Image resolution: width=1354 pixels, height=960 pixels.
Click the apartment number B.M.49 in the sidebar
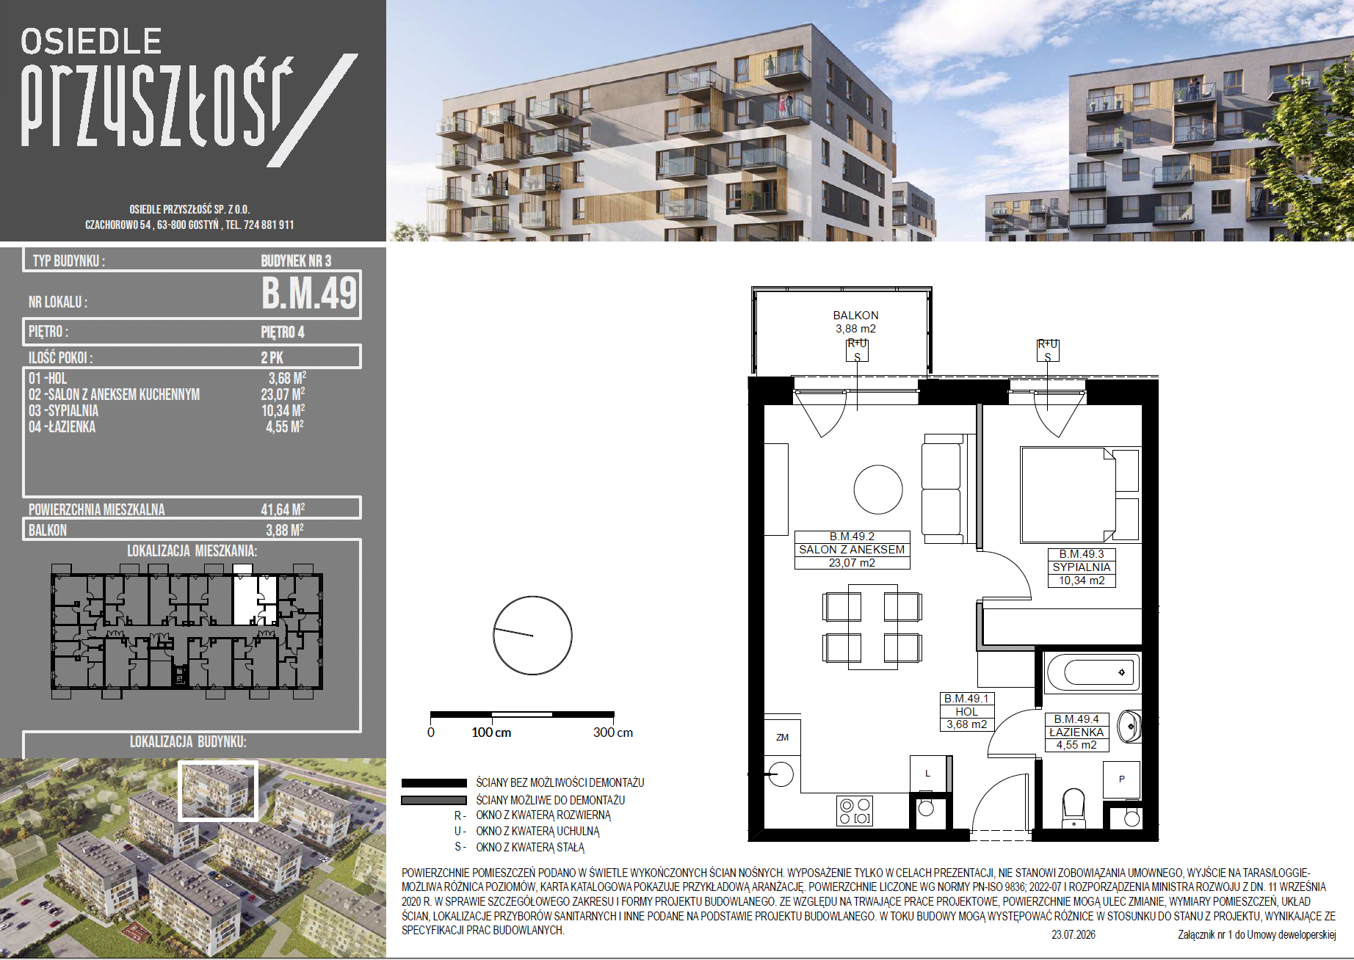click(309, 293)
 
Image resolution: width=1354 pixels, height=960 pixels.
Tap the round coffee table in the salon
click(877, 490)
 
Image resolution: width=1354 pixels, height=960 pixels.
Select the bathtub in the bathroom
click(1092, 672)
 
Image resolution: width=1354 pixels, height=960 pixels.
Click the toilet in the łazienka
click(1074, 807)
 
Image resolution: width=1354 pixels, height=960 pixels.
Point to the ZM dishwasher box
click(782, 737)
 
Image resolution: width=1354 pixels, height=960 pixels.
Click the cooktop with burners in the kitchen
click(855, 811)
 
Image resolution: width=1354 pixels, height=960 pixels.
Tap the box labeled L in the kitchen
click(927, 774)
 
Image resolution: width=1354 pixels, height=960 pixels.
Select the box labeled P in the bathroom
click(1121, 779)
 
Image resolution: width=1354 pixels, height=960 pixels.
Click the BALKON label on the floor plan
click(855, 315)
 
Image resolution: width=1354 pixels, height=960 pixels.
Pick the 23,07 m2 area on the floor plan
click(852, 563)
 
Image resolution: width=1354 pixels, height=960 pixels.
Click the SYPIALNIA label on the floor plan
click(1081, 567)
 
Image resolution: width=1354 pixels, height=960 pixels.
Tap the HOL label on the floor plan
click(966, 711)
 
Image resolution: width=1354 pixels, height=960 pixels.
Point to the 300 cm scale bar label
click(613, 732)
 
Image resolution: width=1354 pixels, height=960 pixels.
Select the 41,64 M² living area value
click(283, 509)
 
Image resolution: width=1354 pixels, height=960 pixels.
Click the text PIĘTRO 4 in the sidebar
click(283, 332)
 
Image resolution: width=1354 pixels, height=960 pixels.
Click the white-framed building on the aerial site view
click(218, 790)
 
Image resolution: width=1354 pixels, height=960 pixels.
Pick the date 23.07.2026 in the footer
click(1074, 934)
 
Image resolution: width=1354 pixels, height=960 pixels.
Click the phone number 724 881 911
click(269, 225)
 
